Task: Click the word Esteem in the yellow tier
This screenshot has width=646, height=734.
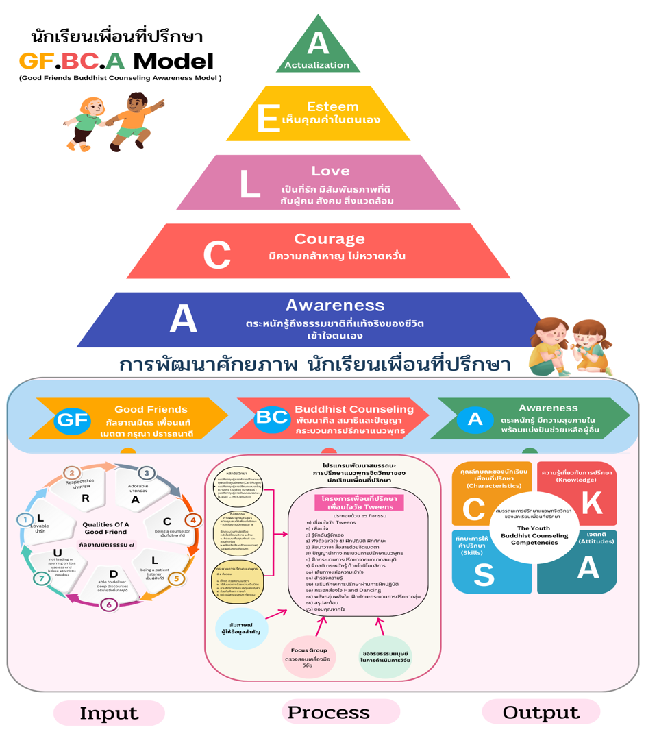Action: [x=333, y=106]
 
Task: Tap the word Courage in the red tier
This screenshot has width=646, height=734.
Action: [x=329, y=239]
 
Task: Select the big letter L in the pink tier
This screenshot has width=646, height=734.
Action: [x=249, y=184]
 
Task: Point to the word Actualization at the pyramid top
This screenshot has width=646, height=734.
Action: [x=316, y=65]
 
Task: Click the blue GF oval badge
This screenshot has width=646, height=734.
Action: [x=73, y=419]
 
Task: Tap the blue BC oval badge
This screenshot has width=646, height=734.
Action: [x=272, y=417]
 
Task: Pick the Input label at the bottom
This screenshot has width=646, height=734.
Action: [x=109, y=713]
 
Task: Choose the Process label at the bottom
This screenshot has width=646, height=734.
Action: [x=329, y=712]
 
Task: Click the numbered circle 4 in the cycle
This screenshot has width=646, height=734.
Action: [x=193, y=520]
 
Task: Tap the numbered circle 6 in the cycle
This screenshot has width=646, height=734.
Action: [x=108, y=604]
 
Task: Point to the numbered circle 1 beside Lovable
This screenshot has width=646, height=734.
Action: [x=25, y=521]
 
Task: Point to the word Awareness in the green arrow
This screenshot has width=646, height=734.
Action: [x=547, y=408]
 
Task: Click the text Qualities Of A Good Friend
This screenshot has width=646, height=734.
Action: [x=105, y=528]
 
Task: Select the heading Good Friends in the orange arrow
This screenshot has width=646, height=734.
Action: [x=151, y=409]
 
